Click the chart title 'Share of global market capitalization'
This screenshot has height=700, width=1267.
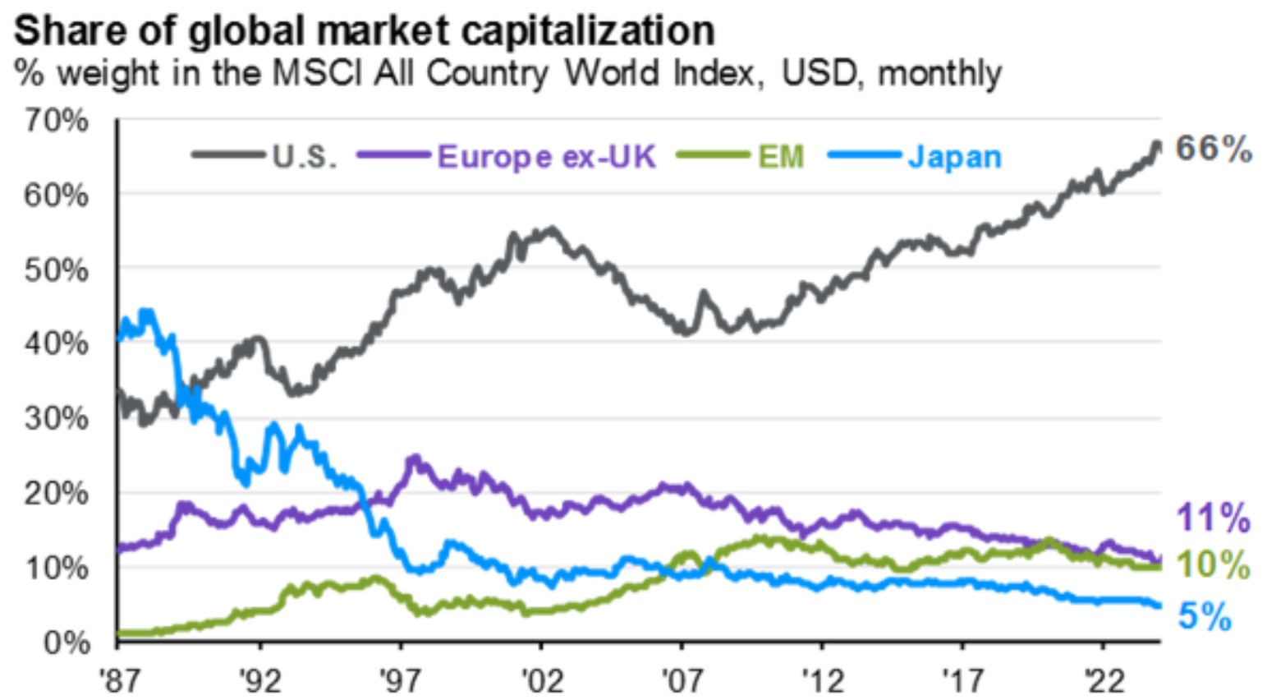click(364, 30)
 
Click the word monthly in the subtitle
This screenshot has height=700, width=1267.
click(939, 73)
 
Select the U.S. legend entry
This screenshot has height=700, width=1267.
click(303, 155)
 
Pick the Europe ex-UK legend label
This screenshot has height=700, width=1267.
click(547, 155)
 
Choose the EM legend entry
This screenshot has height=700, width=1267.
click(780, 155)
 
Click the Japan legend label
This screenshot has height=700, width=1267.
click(954, 155)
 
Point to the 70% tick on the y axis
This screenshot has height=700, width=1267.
click(56, 121)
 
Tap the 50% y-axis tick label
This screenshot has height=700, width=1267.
click(56, 269)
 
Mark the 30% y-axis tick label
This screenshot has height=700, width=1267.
click(56, 418)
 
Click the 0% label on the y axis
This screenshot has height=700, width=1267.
click(66, 642)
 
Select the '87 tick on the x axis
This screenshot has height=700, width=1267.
click(117, 680)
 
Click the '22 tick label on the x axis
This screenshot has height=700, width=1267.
click(1103, 680)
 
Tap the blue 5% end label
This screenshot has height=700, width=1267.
click(1205, 616)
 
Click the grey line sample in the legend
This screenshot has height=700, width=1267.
click(227, 154)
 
